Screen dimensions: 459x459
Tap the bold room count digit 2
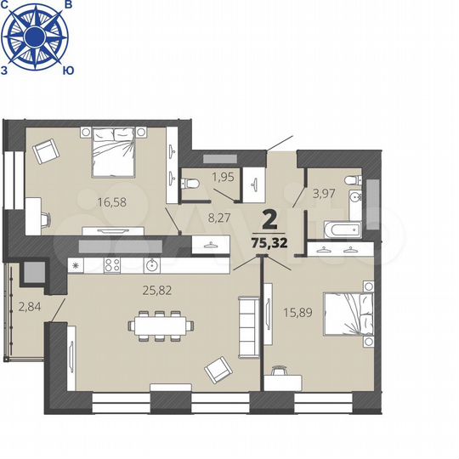tap(270, 219)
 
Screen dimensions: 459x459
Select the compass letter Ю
tap(67, 71)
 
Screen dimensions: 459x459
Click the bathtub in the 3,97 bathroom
tap(342, 229)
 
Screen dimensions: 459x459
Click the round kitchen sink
tap(150, 264)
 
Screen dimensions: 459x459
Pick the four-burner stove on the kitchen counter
tap(111, 265)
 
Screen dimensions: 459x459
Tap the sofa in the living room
tap(247, 327)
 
